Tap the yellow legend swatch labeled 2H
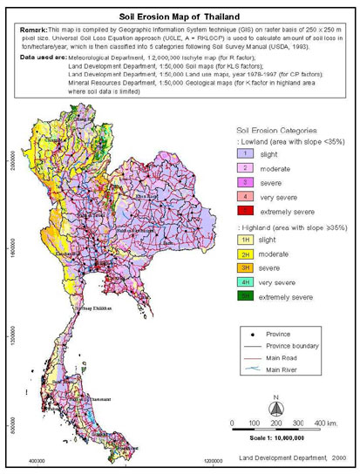pos(246,264)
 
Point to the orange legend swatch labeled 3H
pos(246,279)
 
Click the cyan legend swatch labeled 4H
pos(246,294)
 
